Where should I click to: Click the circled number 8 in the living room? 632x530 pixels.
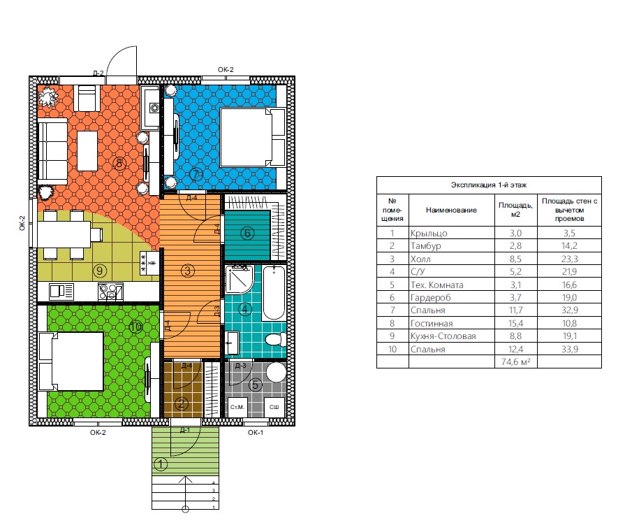[119, 163]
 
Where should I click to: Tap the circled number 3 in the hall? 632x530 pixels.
[187, 270]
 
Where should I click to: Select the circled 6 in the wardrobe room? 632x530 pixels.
[247, 233]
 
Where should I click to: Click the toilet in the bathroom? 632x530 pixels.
[276, 339]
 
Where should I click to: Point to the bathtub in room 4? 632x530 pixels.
[274, 293]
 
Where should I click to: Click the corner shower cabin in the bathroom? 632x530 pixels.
[239, 279]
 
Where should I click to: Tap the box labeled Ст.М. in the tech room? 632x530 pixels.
[237, 407]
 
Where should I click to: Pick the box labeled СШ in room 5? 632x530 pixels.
[274, 407]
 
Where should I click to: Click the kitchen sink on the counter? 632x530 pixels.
[61, 291]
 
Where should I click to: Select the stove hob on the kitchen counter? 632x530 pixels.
[110, 292]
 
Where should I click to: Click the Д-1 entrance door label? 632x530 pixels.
[184, 430]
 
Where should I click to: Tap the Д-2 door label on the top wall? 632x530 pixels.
[98, 73]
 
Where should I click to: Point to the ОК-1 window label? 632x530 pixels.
[256, 432]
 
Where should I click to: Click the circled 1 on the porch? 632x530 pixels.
[161, 464]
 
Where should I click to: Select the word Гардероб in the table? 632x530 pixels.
[430, 298]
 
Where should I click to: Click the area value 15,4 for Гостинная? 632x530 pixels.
[515, 323]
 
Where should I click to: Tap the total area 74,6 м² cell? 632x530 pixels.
[515, 361]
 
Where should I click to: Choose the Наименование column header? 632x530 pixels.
[451, 210]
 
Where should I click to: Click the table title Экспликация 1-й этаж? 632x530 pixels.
[489, 185]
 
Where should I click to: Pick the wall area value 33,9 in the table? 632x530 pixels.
[569, 349]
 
